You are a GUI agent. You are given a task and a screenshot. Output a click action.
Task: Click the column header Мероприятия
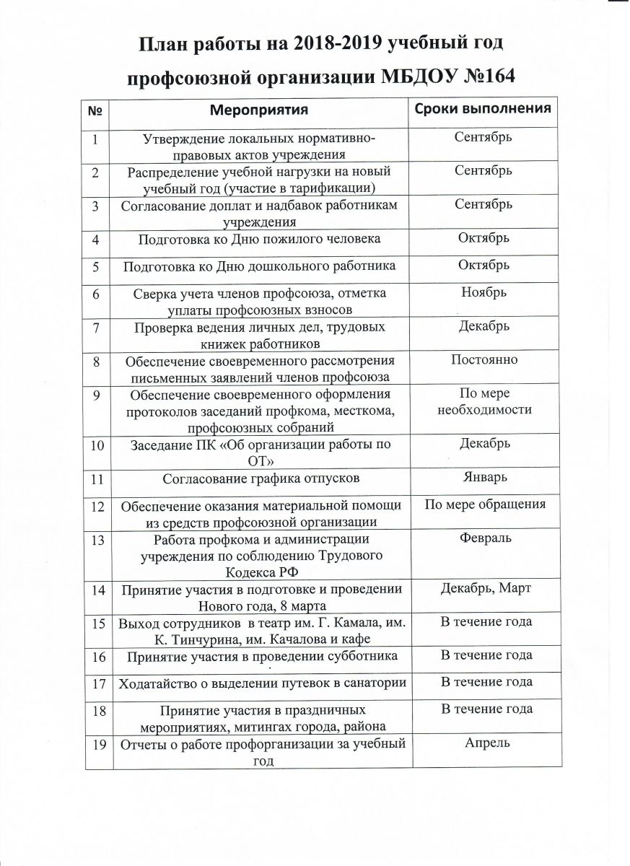(259, 110)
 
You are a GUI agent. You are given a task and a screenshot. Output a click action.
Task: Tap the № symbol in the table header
(94, 111)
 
